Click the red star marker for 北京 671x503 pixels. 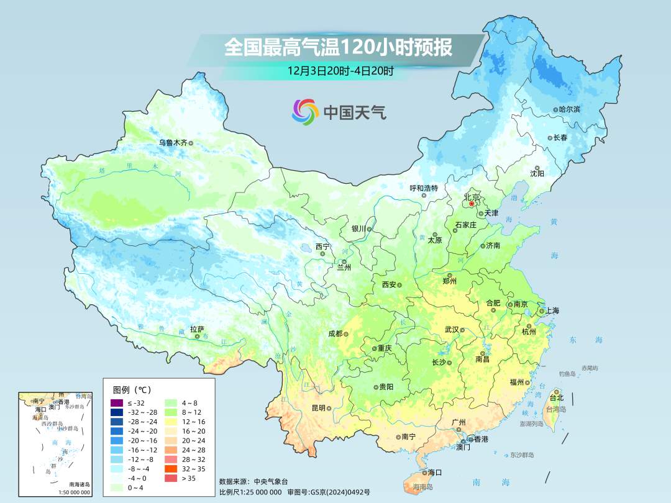coord(472,204)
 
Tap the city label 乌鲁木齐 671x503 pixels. coord(172,142)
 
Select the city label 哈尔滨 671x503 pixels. coord(569,109)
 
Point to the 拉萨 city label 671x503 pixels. coord(196,329)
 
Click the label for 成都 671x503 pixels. coord(335,333)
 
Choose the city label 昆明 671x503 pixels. coord(318,408)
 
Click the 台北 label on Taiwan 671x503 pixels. coord(556,397)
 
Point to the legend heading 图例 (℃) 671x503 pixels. coord(131,389)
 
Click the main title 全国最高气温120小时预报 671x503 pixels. coord(338,48)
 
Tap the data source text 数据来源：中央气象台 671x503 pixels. coord(253,481)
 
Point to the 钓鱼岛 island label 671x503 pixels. coord(568,374)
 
